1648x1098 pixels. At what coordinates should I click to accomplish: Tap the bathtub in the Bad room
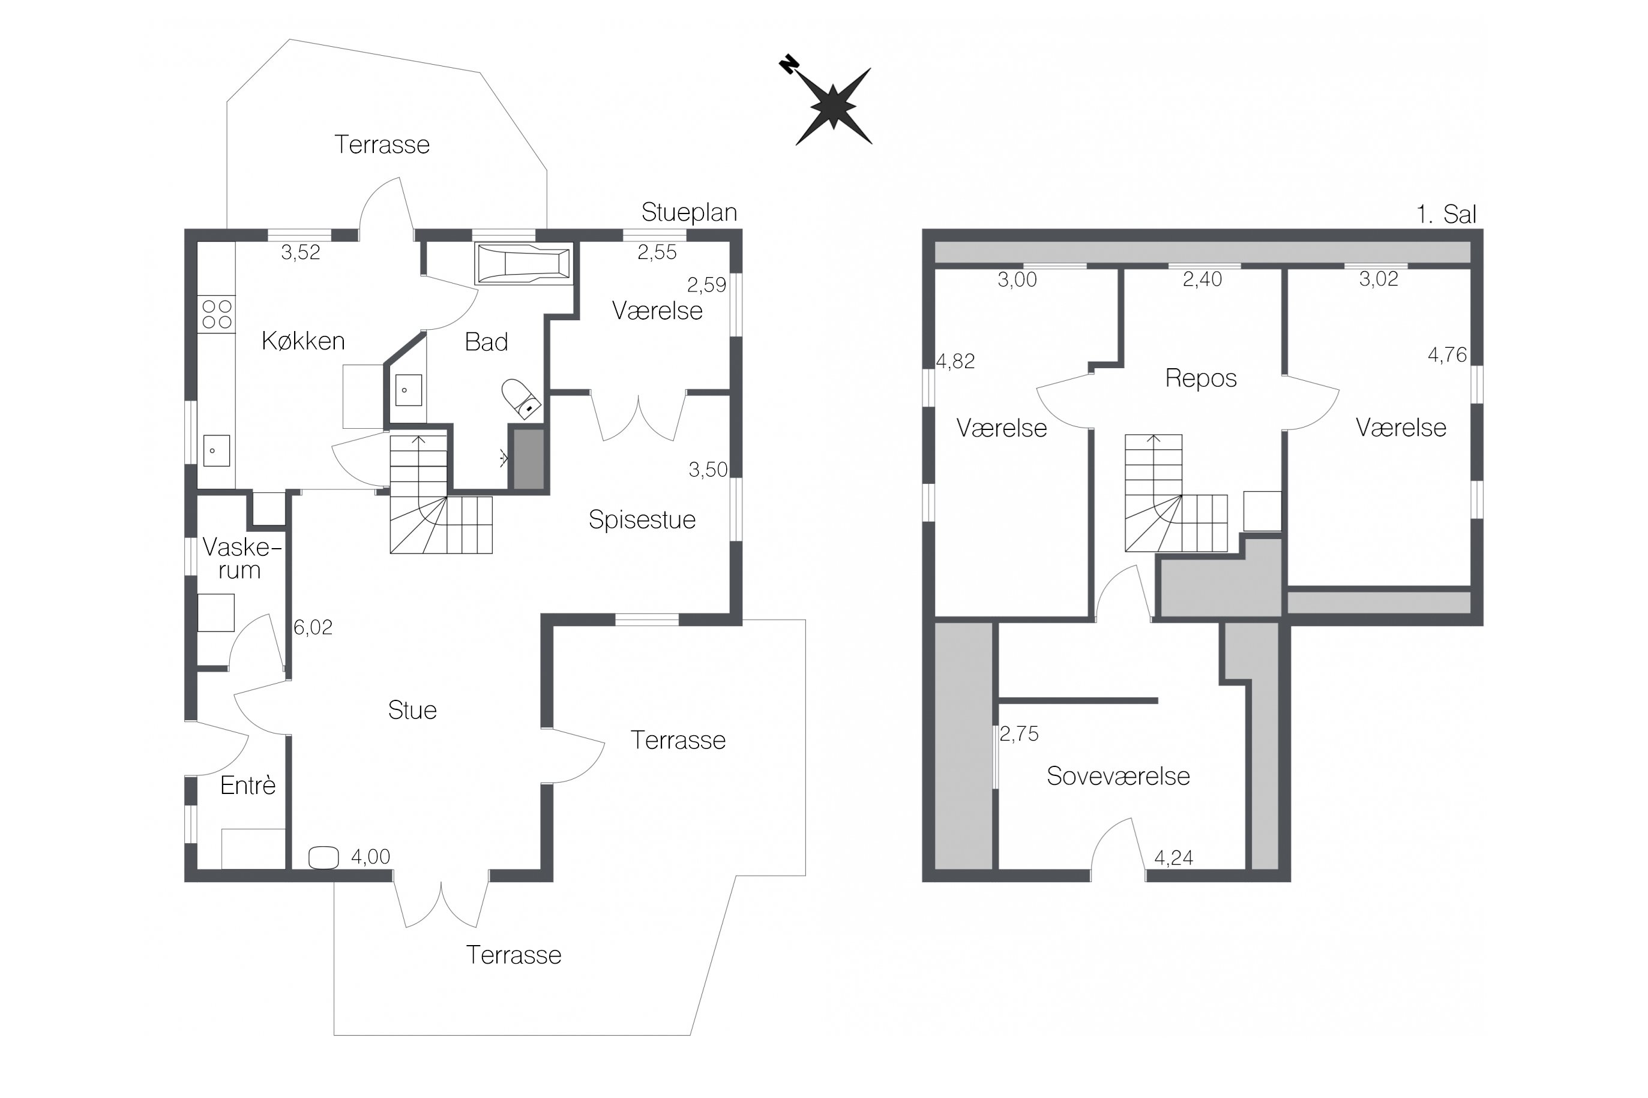tap(523, 264)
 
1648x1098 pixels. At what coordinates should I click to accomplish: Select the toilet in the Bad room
tap(522, 399)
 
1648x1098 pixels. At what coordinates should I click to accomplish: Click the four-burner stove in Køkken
tap(217, 314)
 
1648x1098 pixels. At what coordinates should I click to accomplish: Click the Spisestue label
tap(642, 519)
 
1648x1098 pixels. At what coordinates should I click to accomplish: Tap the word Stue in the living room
tap(412, 710)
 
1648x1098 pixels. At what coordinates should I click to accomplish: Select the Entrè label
tap(247, 786)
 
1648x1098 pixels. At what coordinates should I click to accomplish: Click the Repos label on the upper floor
tap(1200, 378)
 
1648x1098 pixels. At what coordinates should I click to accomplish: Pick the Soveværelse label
tap(1118, 776)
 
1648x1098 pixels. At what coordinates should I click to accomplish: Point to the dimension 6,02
tap(313, 627)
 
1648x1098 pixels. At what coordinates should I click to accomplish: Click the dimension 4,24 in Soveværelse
tap(1174, 858)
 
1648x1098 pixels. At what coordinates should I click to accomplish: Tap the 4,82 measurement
tap(955, 362)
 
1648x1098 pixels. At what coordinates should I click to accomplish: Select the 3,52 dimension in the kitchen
tap(301, 252)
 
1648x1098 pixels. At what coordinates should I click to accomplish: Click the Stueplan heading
tap(689, 212)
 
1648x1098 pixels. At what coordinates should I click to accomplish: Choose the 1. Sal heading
tap(1446, 214)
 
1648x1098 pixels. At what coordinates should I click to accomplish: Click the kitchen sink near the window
tap(217, 451)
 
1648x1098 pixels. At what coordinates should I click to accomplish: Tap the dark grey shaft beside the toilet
tap(529, 459)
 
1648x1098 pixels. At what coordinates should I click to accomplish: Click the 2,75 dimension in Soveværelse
tap(1019, 734)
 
